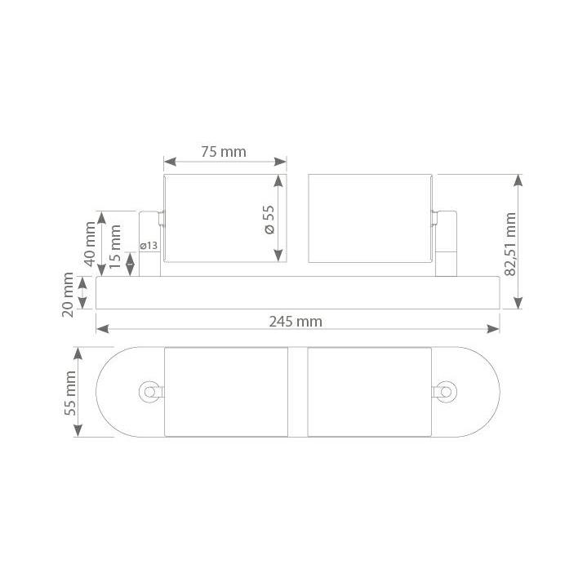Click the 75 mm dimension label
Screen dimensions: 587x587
(x=224, y=152)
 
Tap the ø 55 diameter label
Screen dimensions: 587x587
(x=269, y=220)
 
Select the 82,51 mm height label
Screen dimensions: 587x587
(x=510, y=244)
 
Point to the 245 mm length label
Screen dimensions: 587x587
(x=296, y=322)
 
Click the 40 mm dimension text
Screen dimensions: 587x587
(x=90, y=244)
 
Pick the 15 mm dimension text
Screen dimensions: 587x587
(x=115, y=247)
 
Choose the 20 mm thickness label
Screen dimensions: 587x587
(x=68, y=295)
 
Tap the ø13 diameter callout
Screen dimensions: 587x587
(x=149, y=246)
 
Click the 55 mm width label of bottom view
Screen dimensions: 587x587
(x=70, y=393)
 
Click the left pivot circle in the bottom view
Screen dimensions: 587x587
(x=149, y=392)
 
